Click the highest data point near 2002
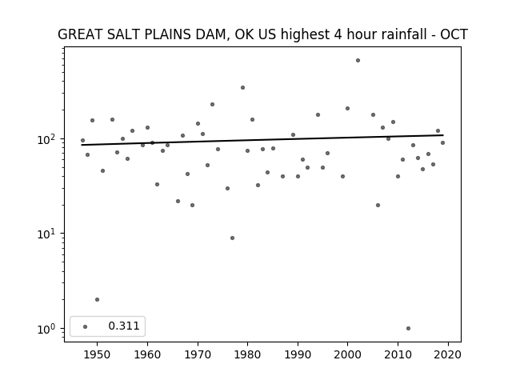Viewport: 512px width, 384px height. [x=358, y=61]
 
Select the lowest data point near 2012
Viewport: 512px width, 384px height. [x=408, y=329]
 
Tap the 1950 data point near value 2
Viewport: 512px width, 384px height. [x=97, y=299]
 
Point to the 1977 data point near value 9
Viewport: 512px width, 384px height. [x=232, y=238]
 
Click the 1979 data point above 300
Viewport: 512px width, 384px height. [x=242, y=87]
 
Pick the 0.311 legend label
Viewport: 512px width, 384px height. [x=124, y=326]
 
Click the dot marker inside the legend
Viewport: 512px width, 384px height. [x=86, y=326]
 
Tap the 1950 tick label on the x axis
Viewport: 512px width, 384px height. [x=97, y=354]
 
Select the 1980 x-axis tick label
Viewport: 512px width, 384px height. [x=247, y=354]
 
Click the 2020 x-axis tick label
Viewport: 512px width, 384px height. [x=448, y=354]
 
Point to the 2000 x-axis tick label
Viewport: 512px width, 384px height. [x=347, y=354]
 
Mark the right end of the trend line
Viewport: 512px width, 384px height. [x=443, y=135]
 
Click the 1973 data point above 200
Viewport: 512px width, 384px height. [x=212, y=105]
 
